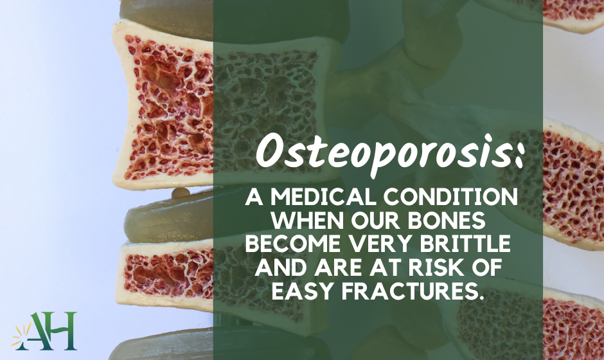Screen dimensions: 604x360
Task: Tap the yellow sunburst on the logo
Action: (21, 336)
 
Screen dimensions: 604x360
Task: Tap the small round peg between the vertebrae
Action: (181, 193)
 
